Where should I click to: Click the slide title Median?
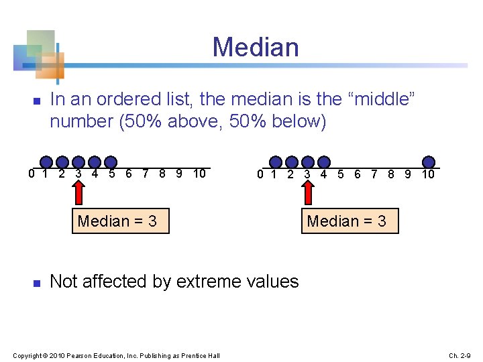(x=256, y=48)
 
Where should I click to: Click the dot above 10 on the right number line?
(x=429, y=162)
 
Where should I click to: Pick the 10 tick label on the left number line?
(x=199, y=174)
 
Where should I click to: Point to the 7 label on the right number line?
(x=374, y=174)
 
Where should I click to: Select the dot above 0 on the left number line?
(x=46, y=162)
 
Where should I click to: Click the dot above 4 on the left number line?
(x=111, y=162)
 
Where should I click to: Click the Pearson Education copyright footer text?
(x=116, y=355)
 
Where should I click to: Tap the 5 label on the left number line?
(x=111, y=174)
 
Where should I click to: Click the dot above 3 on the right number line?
(x=324, y=162)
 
